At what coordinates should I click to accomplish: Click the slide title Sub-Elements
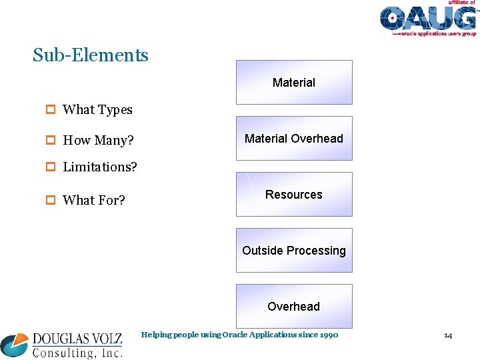pyautogui.click(x=91, y=55)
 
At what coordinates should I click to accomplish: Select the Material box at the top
pyautogui.click(x=294, y=83)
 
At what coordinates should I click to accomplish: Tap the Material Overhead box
pyautogui.click(x=294, y=139)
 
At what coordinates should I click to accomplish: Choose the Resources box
pyautogui.click(x=294, y=195)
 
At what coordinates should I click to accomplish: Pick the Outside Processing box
pyautogui.click(x=294, y=251)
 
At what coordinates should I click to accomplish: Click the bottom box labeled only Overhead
pyautogui.click(x=294, y=307)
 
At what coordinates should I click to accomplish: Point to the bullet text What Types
pyautogui.click(x=97, y=110)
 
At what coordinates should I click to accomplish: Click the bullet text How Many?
pyautogui.click(x=98, y=141)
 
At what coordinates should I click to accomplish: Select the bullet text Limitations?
pyautogui.click(x=100, y=167)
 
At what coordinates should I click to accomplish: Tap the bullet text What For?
pyautogui.click(x=94, y=200)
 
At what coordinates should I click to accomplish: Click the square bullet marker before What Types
pyautogui.click(x=51, y=110)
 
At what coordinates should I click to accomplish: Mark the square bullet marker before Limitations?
pyautogui.click(x=51, y=167)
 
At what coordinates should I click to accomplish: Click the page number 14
pyautogui.click(x=448, y=335)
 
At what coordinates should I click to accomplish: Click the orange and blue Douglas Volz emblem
pyautogui.click(x=15, y=344)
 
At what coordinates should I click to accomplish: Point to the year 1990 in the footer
pyautogui.click(x=329, y=335)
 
